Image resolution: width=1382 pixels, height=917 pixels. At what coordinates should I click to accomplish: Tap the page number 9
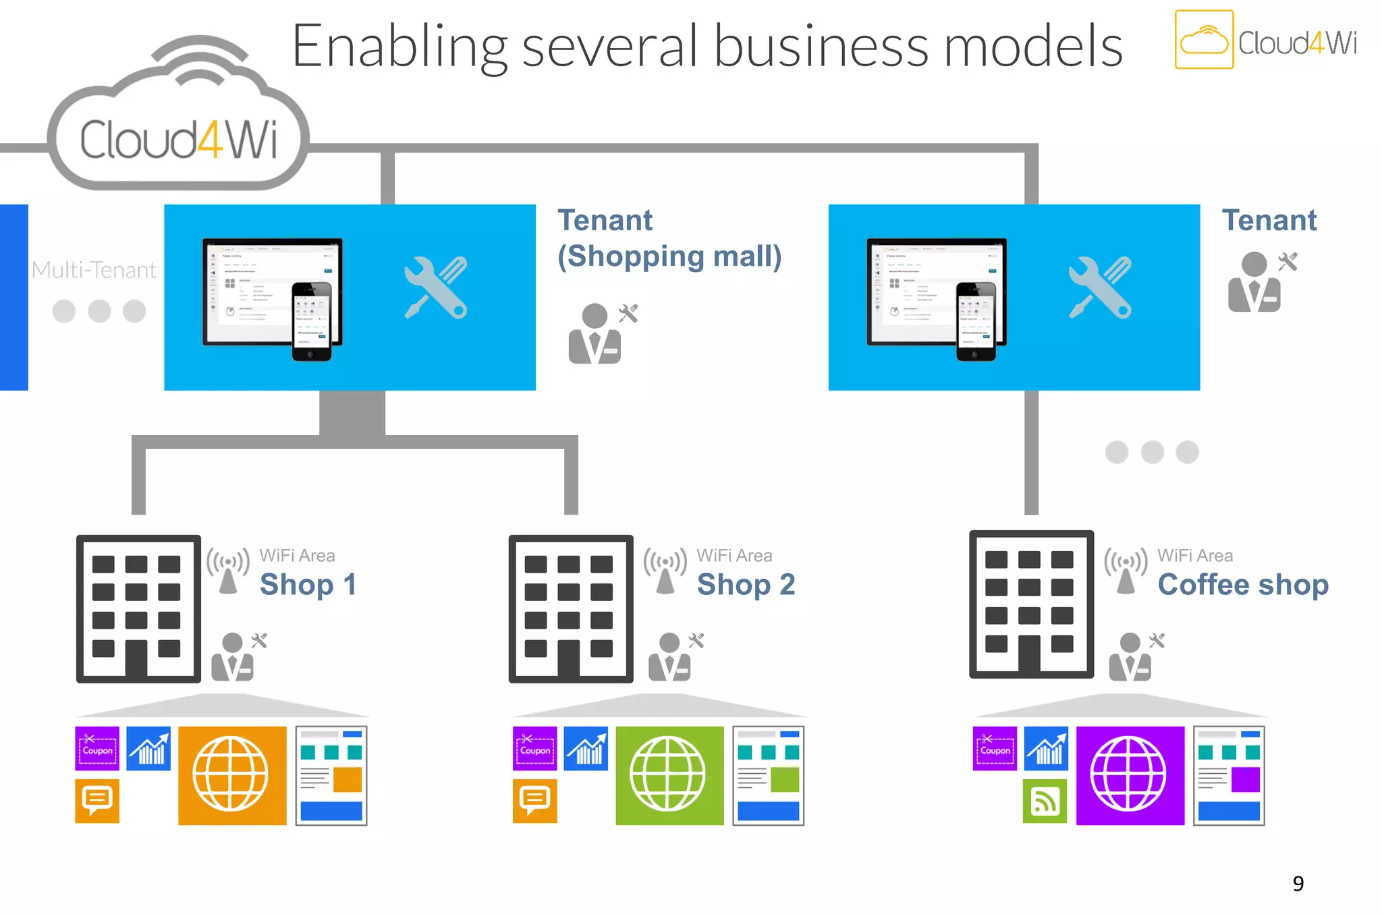1298,883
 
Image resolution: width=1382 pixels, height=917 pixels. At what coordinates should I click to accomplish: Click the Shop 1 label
308,584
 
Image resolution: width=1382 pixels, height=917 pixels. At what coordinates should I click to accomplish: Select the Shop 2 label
746,584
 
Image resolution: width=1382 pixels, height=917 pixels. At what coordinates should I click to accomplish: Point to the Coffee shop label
1242,584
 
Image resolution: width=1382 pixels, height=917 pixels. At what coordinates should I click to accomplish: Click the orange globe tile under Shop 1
231,775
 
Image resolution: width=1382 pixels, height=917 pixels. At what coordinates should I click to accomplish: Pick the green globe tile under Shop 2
669,775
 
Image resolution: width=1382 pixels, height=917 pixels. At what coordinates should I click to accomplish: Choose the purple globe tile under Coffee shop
1129,775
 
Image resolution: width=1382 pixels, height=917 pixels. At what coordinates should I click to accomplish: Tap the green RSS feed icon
1045,802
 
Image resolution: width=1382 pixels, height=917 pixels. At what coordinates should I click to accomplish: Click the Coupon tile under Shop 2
534,748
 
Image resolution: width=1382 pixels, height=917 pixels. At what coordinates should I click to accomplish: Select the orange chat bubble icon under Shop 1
97,801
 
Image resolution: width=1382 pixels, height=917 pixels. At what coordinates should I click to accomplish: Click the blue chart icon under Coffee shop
1046,748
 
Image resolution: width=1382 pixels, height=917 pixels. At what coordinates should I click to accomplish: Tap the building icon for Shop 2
570,608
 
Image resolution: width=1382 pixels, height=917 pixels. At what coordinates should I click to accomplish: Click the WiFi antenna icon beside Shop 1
228,571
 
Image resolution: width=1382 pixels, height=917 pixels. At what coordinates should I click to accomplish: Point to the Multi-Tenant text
94,270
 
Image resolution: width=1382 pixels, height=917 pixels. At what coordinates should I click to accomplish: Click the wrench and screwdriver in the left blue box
436,288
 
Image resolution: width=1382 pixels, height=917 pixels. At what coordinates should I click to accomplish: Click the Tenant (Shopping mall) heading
669,238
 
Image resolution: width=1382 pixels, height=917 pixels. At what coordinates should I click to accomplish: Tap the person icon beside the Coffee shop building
1130,657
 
